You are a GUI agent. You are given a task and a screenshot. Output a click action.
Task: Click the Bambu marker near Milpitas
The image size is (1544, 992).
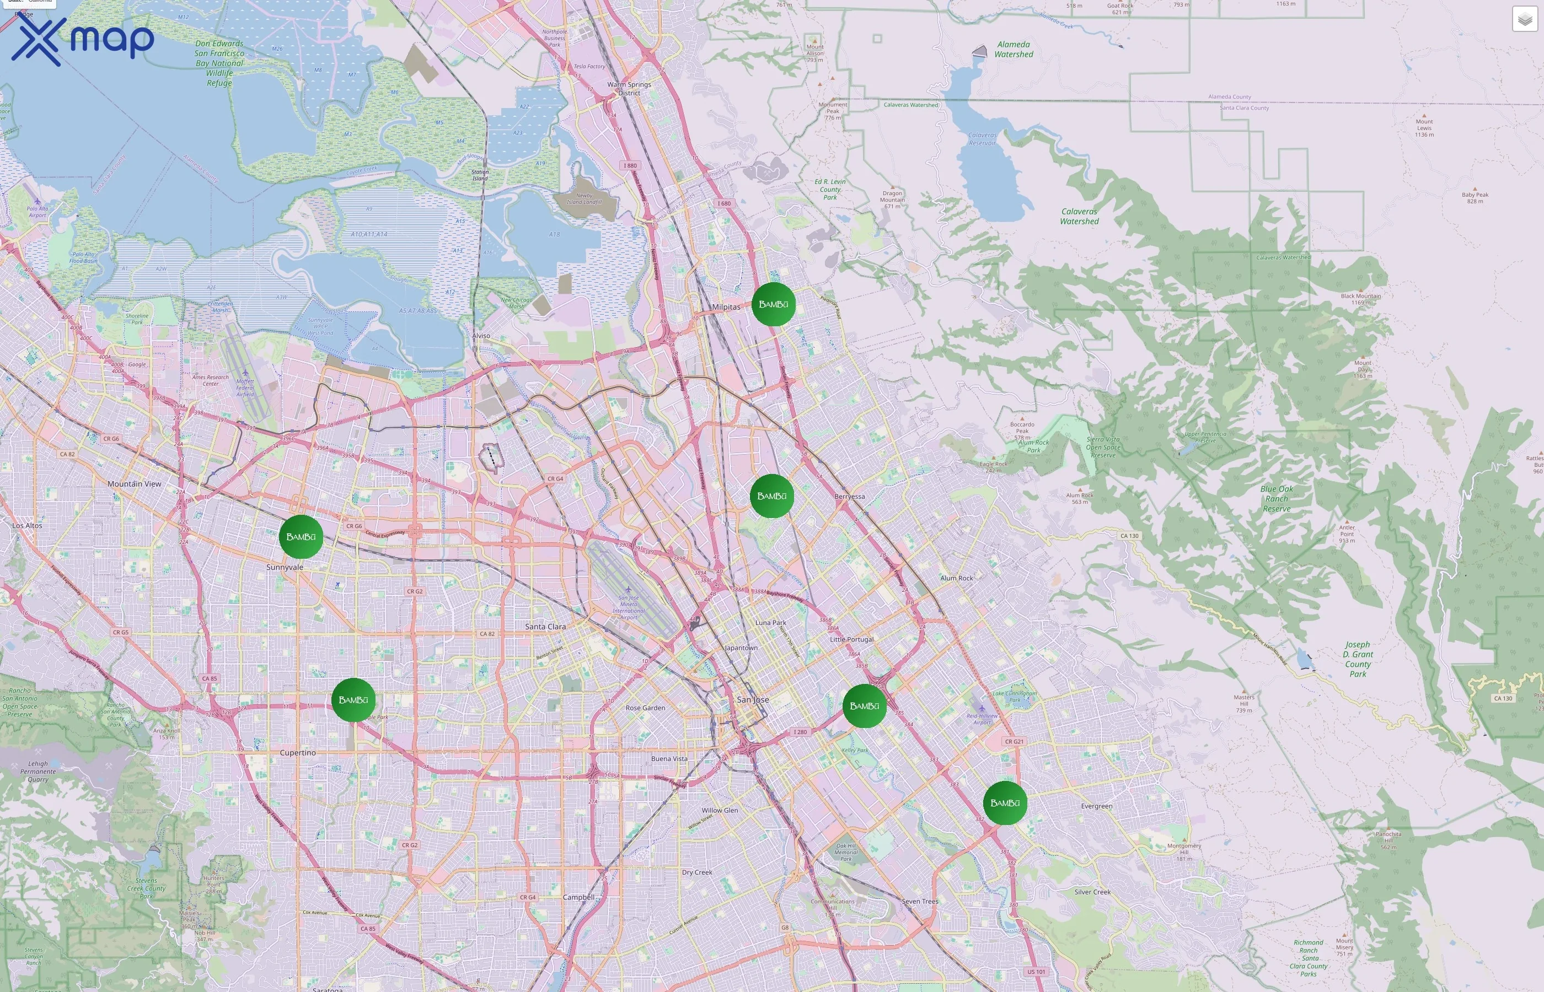773,304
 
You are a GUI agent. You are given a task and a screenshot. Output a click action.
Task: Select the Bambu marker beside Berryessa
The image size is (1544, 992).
771,496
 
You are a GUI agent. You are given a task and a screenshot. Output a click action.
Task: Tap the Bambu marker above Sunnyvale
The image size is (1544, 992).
301,537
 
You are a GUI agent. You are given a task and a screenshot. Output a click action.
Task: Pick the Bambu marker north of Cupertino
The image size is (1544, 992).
353,699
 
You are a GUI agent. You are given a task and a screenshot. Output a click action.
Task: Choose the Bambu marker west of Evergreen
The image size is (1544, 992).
1005,802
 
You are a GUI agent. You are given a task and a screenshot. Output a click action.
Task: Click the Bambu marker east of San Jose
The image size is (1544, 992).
864,706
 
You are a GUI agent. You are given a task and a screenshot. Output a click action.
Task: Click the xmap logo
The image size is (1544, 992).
83,40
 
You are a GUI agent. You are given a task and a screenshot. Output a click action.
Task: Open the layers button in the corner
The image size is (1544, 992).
1525,19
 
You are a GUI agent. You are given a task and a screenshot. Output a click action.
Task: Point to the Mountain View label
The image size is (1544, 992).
134,484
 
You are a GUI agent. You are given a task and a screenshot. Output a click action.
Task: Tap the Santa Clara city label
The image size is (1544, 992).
545,626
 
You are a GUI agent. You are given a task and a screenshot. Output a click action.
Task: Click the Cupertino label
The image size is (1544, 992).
298,752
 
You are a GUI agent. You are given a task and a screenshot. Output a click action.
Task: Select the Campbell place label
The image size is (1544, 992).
578,897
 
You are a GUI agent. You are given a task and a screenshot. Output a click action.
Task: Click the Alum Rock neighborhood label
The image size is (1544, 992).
956,578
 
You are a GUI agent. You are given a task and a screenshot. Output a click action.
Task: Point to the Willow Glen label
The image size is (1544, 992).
720,810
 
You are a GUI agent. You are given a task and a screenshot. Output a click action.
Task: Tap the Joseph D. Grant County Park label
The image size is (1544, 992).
1358,659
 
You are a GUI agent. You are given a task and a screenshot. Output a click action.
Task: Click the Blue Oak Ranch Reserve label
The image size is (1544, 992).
1277,499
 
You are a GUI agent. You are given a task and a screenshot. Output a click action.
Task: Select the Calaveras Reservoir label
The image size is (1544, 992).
982,139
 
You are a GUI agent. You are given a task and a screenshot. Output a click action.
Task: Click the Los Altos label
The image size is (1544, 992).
27,526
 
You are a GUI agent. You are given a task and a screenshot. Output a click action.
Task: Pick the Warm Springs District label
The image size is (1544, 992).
629,88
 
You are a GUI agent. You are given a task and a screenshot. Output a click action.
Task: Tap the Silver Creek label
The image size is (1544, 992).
1092,892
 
